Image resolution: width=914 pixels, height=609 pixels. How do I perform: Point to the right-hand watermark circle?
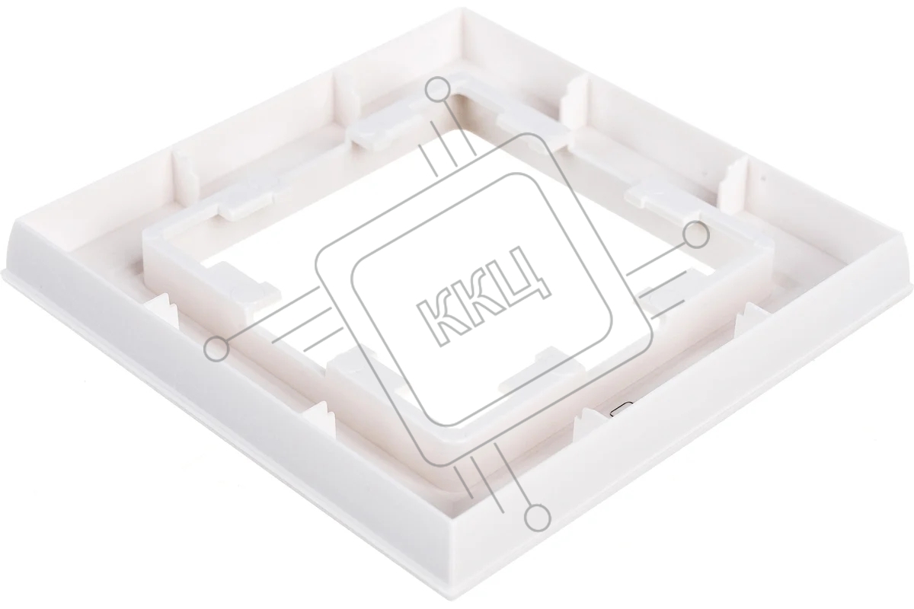coord(696,235)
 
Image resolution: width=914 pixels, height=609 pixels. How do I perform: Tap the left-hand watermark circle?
coord(216,349)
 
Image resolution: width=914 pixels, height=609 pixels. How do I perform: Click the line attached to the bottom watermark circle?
coord(513,474)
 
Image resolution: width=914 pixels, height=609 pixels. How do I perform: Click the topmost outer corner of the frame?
coord(463,9)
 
